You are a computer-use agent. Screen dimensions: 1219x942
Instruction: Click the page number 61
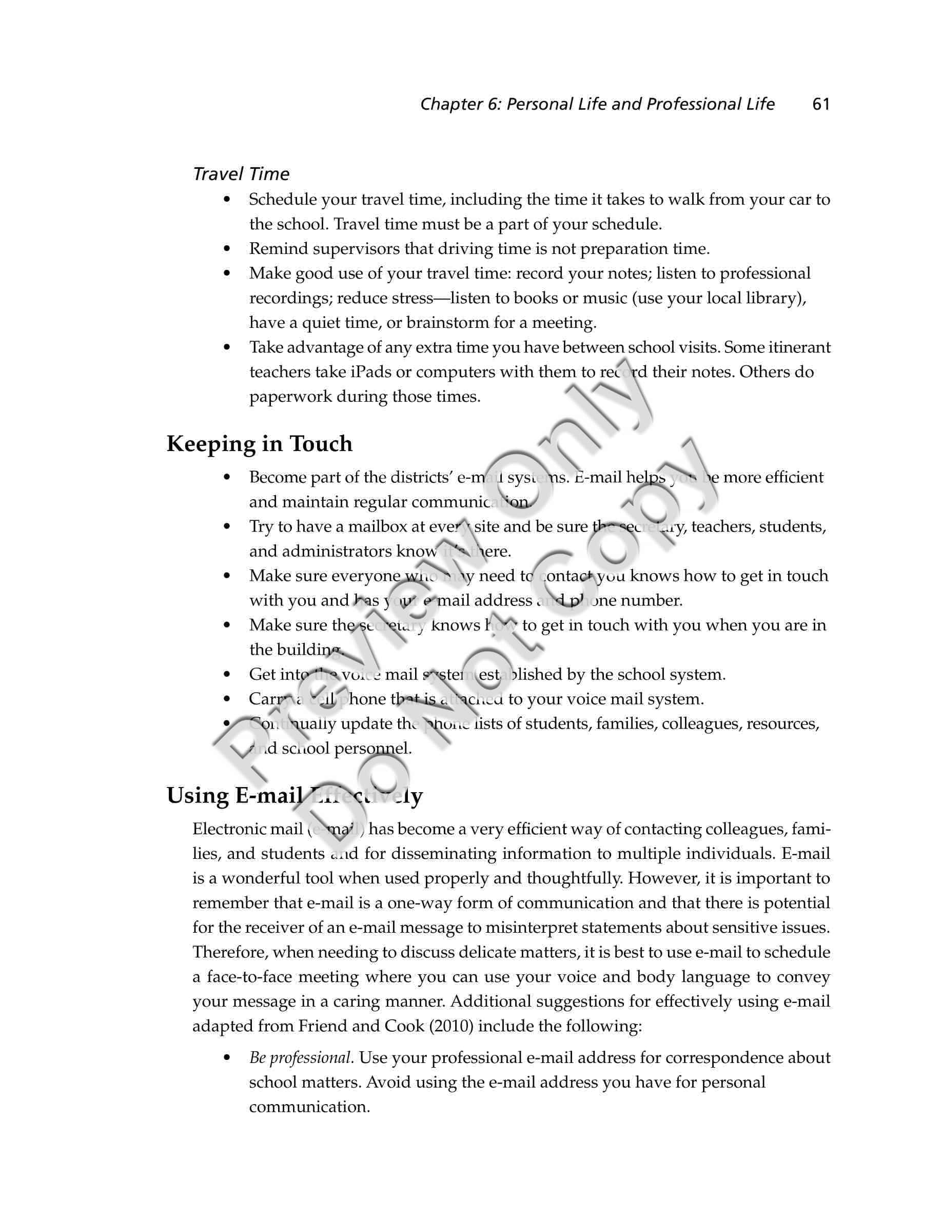coord(821,104)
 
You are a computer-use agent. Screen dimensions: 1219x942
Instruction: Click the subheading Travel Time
coord(241,174)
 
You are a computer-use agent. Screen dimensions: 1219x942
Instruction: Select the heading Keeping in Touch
coord(260,444)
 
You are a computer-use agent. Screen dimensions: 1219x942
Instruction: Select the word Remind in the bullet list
coord(276,249)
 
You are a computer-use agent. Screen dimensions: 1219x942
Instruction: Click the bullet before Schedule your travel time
coord(226,200)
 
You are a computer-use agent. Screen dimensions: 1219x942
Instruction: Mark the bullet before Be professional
coord(226,1058)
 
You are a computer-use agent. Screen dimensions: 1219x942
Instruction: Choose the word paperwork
coord(290,397)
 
